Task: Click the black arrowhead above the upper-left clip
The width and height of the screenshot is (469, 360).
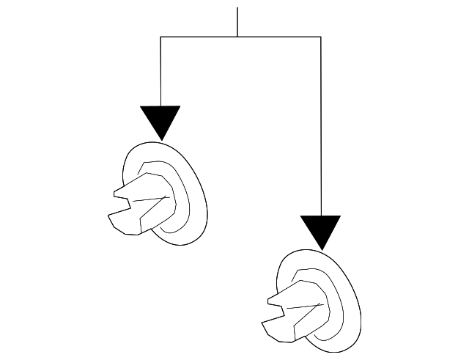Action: pyautogui.click(x=160, y=119)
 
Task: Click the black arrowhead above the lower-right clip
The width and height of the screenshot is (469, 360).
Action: pyautogui.click(x=321, y=229)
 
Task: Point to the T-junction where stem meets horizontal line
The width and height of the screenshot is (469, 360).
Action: pyautogui.click(x=237, y=37)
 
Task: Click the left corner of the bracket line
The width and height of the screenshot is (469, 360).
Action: pyautogui.click(x=160, y=37)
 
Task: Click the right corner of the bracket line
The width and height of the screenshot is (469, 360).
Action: pyautogui.click(x=321, y=37)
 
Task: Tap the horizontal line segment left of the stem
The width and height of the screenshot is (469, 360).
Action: pyautogui.click(x=198, y=37)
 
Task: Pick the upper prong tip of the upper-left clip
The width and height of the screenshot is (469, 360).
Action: pyautogui.click(x=115, y=194)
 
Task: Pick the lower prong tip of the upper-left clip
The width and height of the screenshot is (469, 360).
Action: pyautogui.click(x=110, y=218)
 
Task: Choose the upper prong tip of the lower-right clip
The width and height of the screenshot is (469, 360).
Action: pyautogui.click(x=270, y=300)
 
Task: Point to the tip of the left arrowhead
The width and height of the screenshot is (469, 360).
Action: pyautogui.click(x=160, y=139)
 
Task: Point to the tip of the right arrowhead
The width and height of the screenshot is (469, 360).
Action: pyautogui.click(x=321, y=249)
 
